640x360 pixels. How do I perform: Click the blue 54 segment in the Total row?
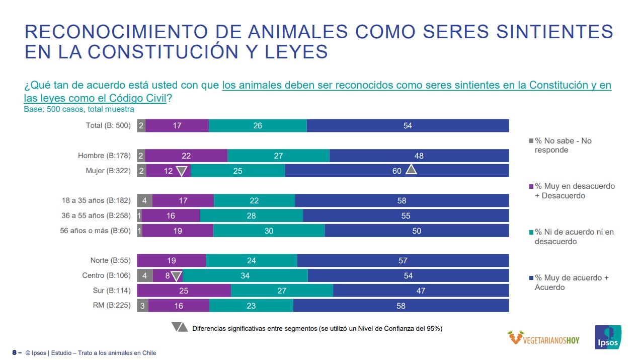coord(408,126)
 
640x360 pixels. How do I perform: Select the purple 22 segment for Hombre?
coord(186,156)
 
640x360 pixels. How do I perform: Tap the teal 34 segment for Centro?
coord(245,275)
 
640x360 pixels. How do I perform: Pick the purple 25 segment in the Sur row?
coord(184,291)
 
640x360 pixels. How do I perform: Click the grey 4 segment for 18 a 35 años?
coord(144,200)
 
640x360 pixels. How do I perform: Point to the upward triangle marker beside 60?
coord(411,170)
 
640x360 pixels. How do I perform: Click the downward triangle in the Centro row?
coord(176,276)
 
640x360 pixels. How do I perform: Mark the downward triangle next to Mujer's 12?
coord(182,171)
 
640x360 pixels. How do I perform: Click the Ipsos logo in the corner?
coord(608,337)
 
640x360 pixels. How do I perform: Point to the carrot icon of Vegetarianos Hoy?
coord(514,337)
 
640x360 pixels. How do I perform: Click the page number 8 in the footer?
coord(15,353)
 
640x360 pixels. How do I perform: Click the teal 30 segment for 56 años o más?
coord(269,231)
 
